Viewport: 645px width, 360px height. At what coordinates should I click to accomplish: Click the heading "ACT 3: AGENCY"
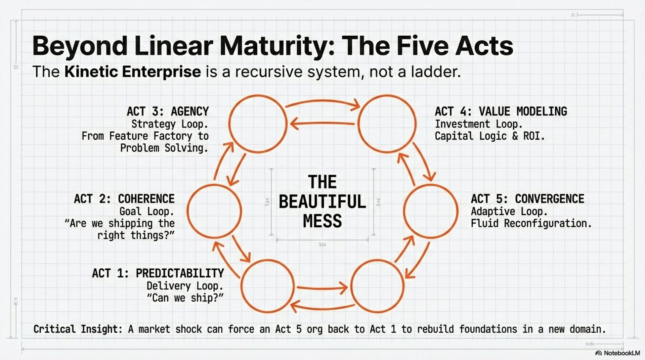click(168, 111)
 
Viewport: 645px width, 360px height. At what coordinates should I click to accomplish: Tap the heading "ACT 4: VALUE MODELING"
click(501, 111)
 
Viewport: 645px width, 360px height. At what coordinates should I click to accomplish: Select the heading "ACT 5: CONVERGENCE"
click(527, 199)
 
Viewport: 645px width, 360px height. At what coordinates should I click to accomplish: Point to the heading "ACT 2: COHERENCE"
click(124, 199)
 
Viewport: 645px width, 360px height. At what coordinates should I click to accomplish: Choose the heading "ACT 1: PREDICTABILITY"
click(158, 273)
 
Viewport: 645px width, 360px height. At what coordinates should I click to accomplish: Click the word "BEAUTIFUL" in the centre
click(322, 201)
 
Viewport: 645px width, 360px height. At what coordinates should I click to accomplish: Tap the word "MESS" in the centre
click(322, 221)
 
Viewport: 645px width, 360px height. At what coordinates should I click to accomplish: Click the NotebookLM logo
click(617, 353)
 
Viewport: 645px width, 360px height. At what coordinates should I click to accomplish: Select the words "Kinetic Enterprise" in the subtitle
click(133, 72)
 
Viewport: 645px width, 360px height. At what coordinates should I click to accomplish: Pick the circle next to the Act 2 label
click(214, 211)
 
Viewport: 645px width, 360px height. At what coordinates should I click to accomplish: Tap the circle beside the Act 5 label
click(430, 211)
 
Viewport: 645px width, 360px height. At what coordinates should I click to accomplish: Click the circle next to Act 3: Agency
click(258, 124)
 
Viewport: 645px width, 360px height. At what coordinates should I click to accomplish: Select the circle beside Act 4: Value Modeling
click(387, 124)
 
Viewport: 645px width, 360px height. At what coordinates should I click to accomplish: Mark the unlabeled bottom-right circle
click(377, 286)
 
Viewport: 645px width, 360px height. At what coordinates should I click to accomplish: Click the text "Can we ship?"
click(185, 298)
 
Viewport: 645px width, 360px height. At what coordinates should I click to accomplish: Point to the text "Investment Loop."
click(478, 124)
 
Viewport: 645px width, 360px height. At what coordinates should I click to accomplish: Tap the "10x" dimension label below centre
click(322, 245)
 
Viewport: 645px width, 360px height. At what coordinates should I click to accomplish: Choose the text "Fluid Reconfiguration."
click(531, 223)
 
